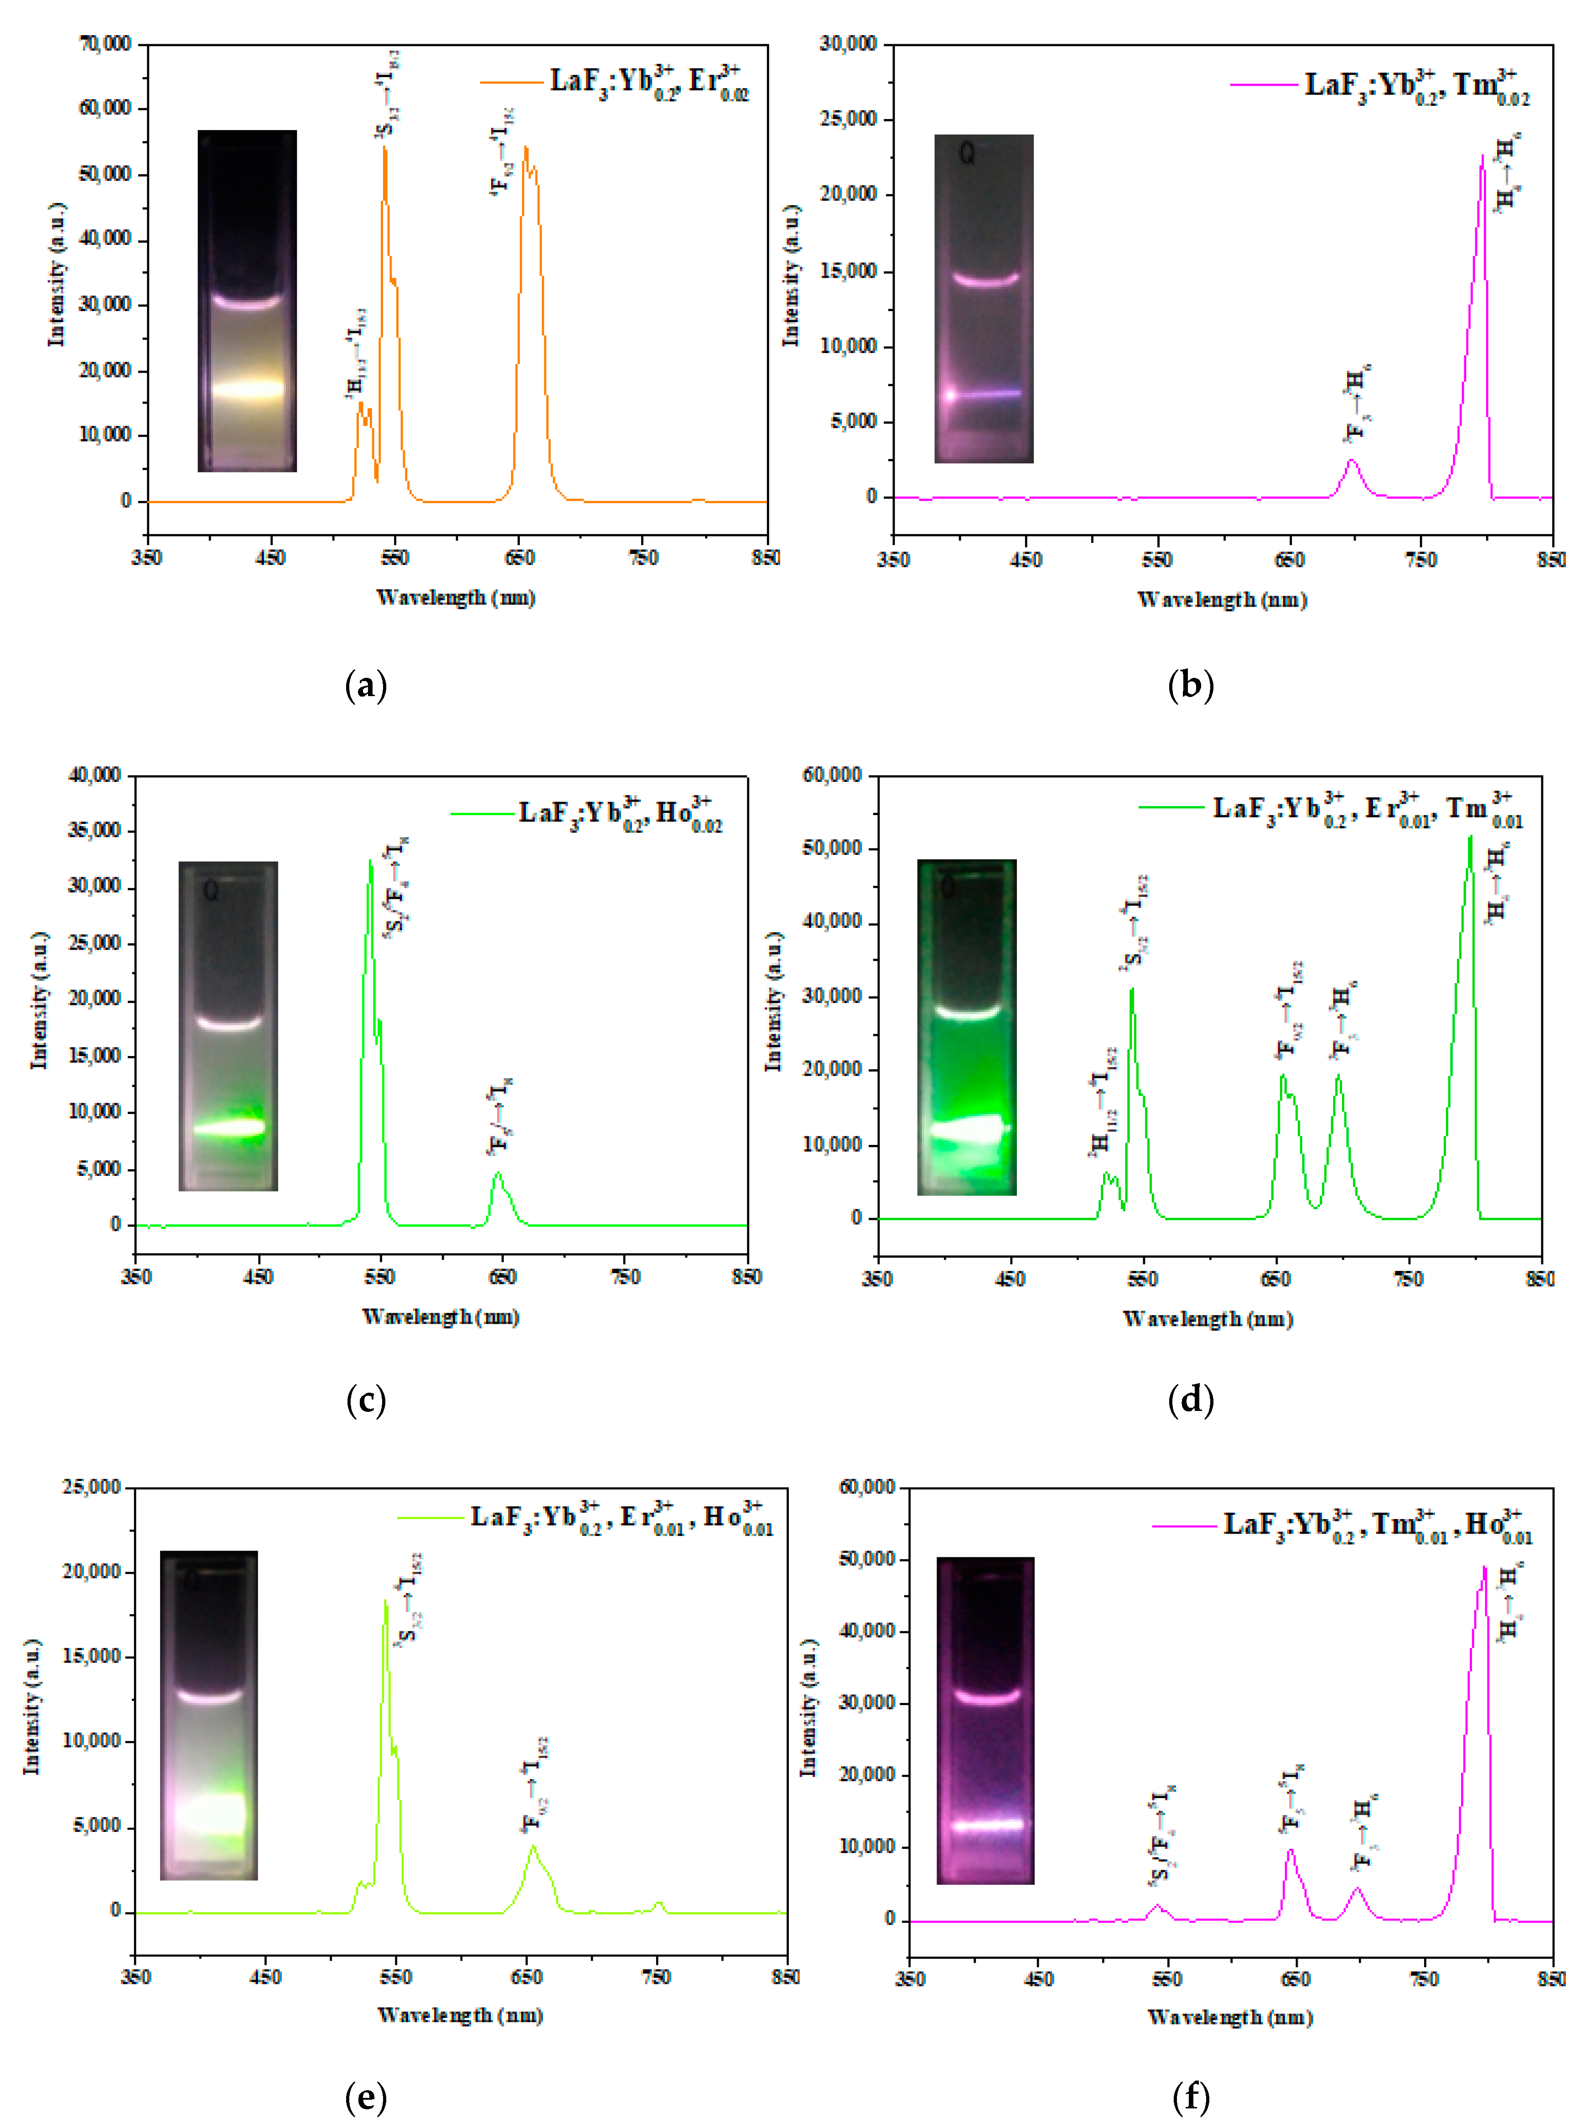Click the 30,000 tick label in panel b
[849, 44]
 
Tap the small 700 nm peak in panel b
[1352, 462]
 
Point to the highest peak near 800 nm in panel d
[1470, 839]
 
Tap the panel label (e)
[366, 2097]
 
